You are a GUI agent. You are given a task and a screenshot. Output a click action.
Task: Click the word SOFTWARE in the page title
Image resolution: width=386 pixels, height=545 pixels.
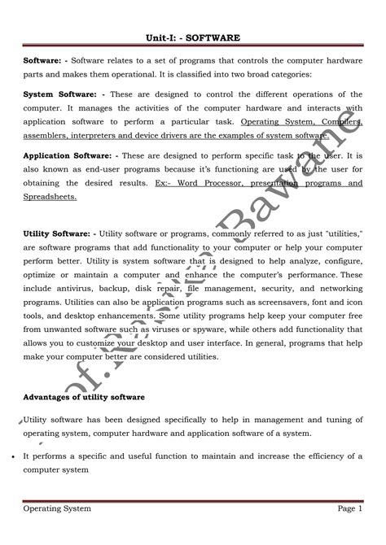point(214,37)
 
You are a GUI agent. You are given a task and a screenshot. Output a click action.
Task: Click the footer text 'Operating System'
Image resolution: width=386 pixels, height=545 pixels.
point(57,508)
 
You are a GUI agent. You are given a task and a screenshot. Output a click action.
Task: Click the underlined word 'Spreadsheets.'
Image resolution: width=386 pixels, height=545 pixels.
point(50,196)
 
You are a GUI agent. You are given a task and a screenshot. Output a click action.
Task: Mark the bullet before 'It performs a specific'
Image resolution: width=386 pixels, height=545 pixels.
point(16,457)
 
